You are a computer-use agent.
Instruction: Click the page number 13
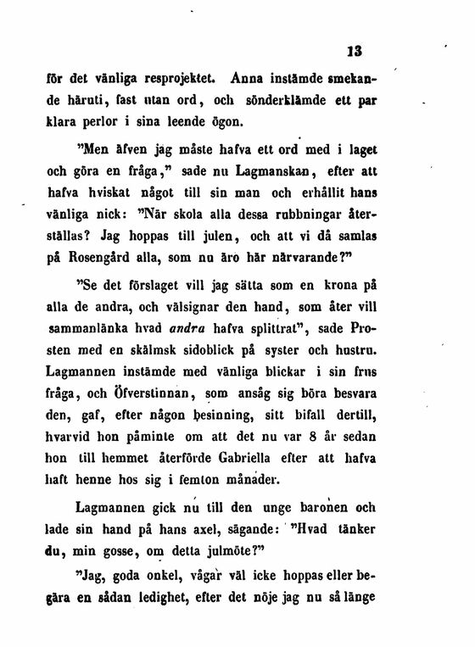tap(355, 50)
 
